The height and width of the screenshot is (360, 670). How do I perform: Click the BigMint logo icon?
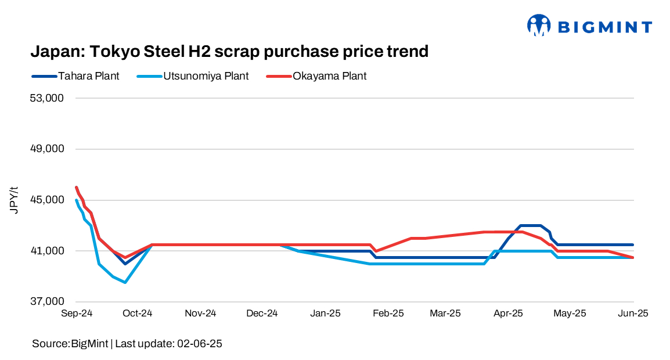click(538, 26)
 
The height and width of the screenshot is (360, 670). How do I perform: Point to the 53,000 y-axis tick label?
click(48, 98)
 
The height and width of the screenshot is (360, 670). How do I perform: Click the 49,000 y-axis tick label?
click(48, 149)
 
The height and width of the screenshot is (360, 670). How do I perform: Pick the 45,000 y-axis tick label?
click(48, 200)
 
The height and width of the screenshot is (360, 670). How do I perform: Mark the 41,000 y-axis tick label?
click(48, 251)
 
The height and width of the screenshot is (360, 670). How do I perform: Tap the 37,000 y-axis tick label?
click(48, 302)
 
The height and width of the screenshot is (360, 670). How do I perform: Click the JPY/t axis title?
click(15, 200)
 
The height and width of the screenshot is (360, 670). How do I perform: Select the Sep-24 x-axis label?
click(77, 314)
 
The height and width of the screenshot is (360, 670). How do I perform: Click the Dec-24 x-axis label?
click(262, 314)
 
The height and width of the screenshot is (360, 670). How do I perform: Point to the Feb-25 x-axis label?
click(388, 314)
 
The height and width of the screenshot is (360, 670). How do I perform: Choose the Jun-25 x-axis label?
click(632, 314)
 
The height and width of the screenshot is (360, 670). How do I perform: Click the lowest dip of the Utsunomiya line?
click(125, 282)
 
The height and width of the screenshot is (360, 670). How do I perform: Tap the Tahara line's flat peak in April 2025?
click(531, 225)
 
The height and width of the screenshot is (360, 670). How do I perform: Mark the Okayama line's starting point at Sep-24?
click(77, 188)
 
